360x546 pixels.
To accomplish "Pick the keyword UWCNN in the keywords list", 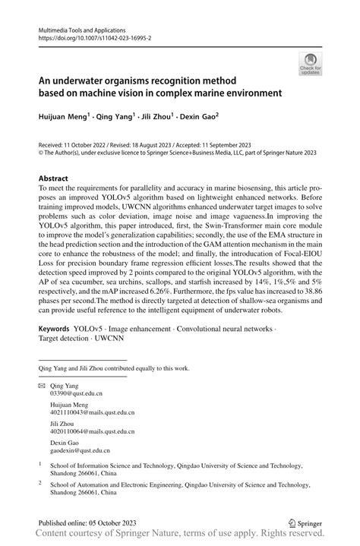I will pyautogui.click(x=110, y=340).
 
